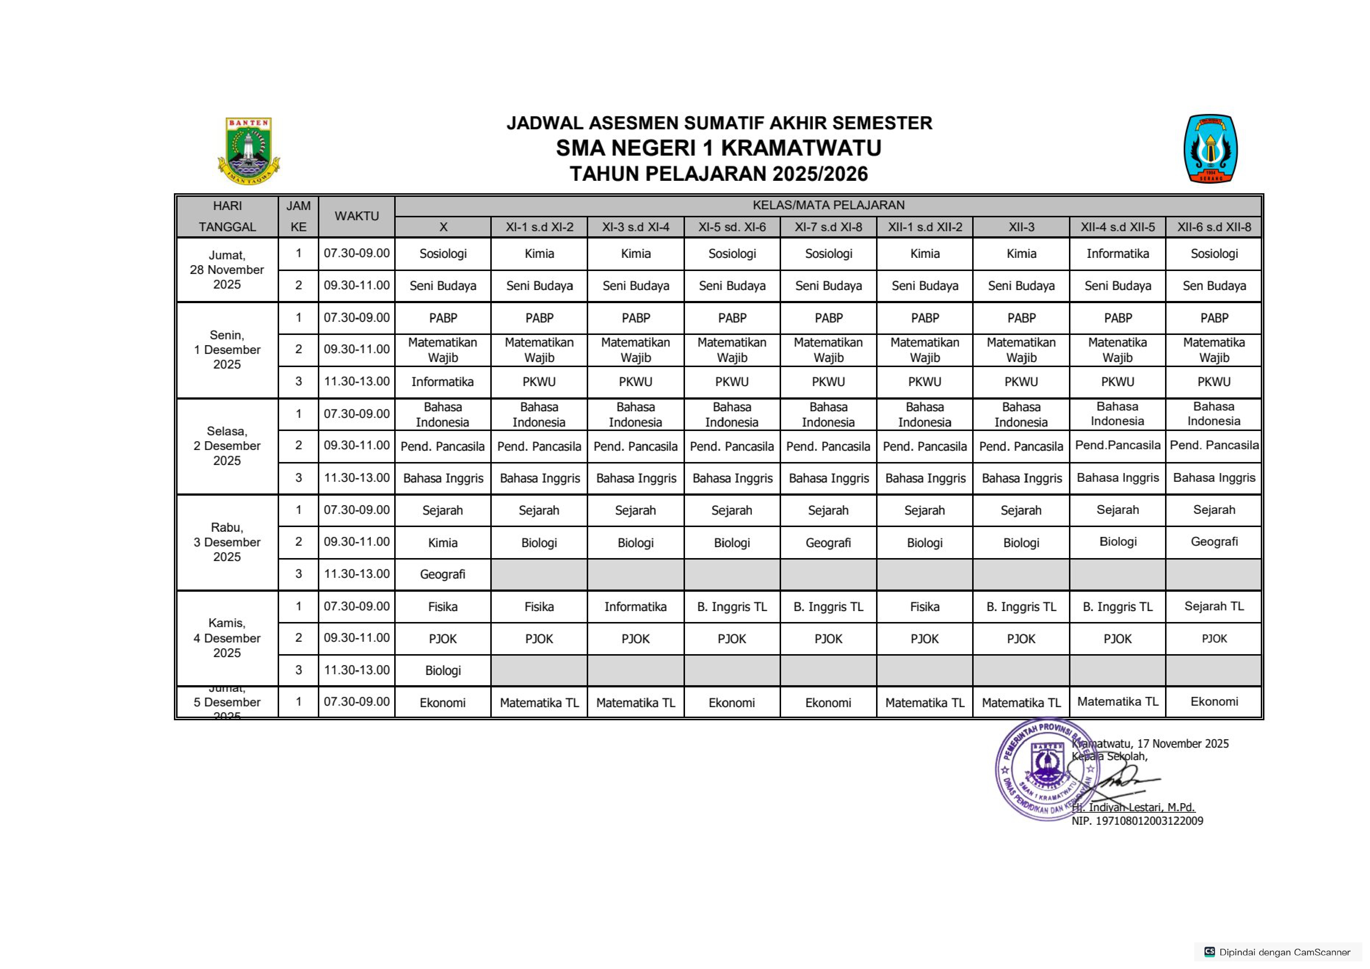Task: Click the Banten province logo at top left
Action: (248, 150)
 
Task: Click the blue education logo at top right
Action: (1210, 149)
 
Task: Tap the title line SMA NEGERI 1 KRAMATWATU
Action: (718, 148)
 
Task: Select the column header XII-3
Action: (1021, 227)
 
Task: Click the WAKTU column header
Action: (356, 216)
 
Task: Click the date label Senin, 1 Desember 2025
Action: (227, 350)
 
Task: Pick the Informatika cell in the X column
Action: (442, 382)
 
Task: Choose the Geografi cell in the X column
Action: (442, 574)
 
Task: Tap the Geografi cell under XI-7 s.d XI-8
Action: (828, 542)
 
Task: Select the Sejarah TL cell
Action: (1214, 606)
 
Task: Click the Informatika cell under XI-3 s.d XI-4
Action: (635, 607)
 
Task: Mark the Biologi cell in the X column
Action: (442, 670)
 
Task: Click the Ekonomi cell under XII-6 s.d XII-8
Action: (1214, 702)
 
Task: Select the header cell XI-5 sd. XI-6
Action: (732, 227)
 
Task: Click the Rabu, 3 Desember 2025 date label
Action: (227, 542)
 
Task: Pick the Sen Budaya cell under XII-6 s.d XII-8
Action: (1214, 286)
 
